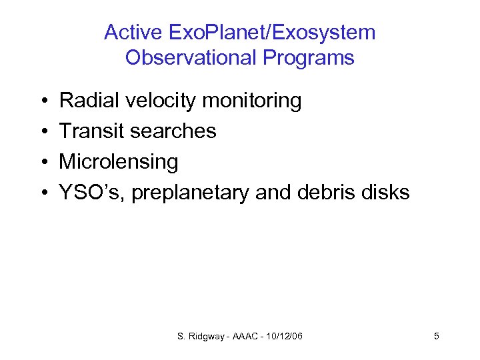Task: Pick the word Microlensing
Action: tap(119, 162)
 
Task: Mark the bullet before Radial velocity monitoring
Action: tap(43, 101)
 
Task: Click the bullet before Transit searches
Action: tap(43, 132)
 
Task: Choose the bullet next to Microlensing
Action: tap(43, 163)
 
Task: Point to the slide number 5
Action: tap(436, 336)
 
